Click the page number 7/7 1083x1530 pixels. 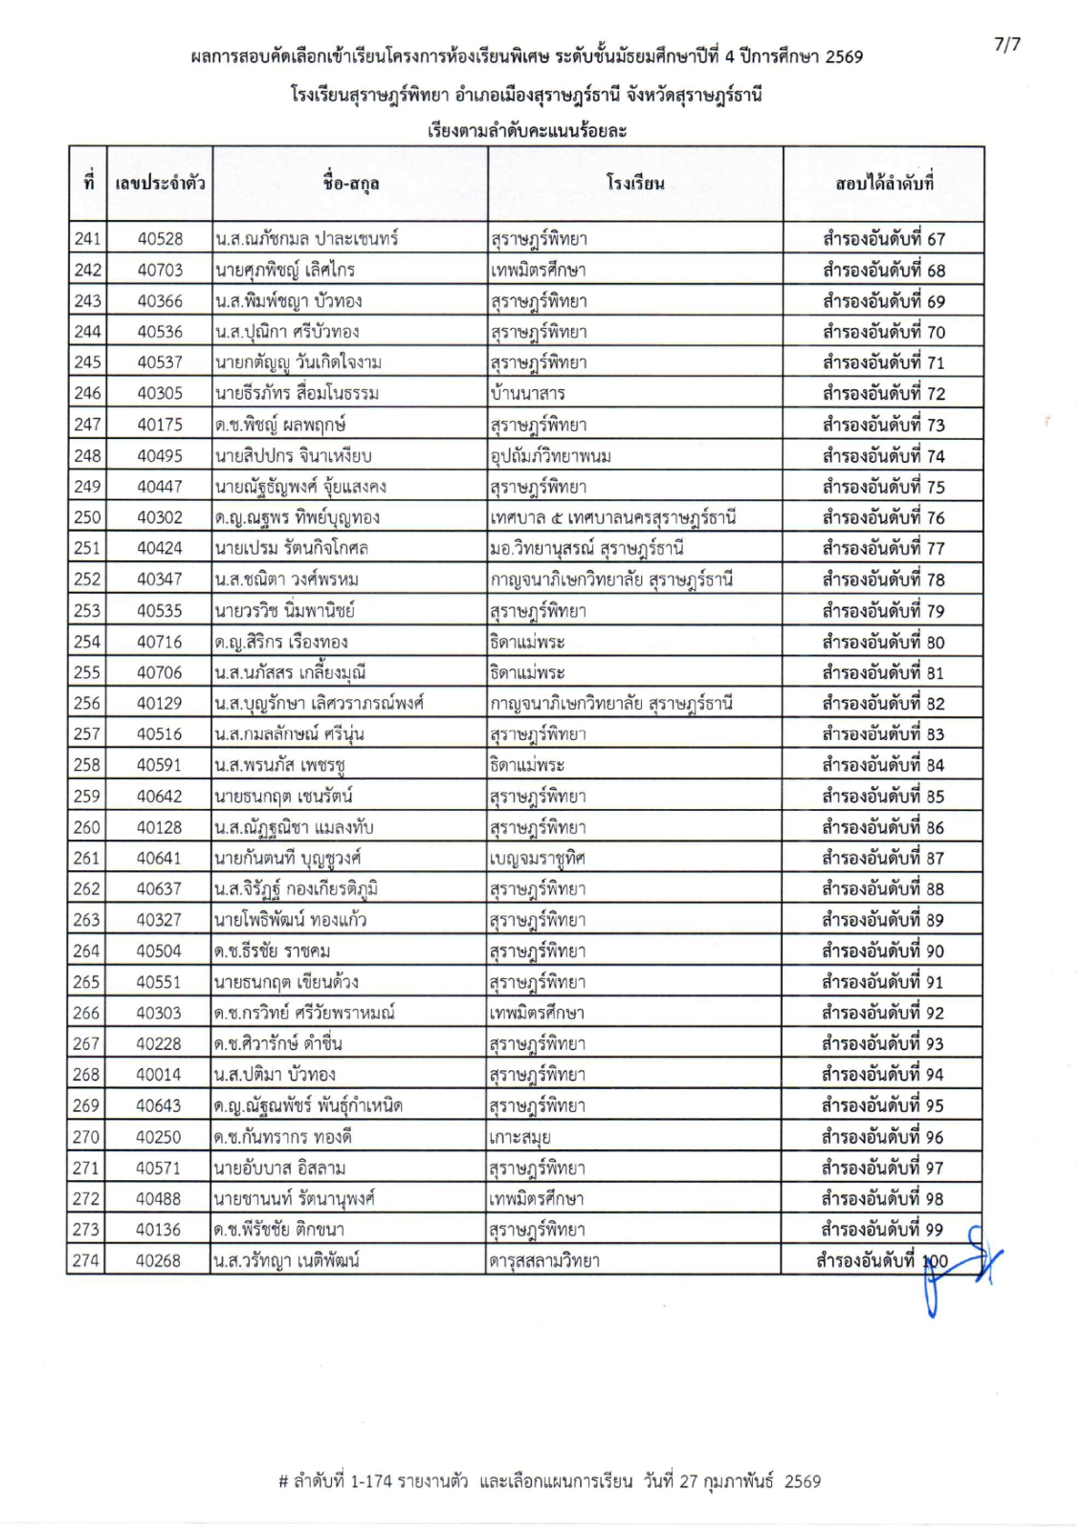(1006, 44)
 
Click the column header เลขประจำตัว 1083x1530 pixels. (159, 184)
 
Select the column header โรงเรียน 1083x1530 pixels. (634, 184)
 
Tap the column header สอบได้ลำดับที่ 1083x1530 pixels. (883, 184)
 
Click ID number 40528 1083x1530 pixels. (160, 239)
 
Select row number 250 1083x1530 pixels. (87, 517)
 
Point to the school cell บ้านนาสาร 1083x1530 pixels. (527, 393)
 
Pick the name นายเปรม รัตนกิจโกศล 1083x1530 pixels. (292, 548)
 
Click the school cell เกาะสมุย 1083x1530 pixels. (519, 1137)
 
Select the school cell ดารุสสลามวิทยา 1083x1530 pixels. (544, 1260)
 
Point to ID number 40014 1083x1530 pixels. (159, 1075)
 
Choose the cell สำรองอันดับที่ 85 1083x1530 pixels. (883, 796)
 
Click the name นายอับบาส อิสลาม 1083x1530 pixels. (280, 1168)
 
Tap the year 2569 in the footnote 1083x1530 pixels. (802, 1481)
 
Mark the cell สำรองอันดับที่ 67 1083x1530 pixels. (883, 239)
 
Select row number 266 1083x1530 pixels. (86, 1013)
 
